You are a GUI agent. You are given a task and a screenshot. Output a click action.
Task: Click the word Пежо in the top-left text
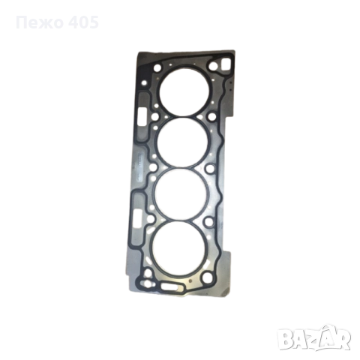coord(38,22)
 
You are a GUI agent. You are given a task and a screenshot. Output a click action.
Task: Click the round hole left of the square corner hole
coord(213,66)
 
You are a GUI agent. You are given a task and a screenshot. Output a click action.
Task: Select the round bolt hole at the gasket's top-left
coord(158,67)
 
